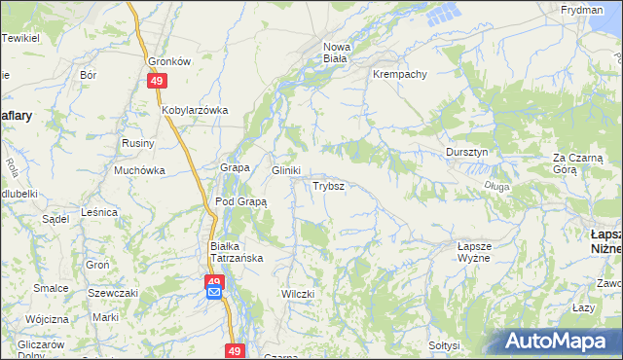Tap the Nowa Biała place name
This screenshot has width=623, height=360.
point(336,52)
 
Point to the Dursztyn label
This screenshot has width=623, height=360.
point(472,153)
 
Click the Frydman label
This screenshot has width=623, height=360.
point(581,9)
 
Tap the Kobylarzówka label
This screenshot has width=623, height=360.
point(195,110)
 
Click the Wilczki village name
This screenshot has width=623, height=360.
point(297,294)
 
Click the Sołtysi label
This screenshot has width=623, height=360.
point(444,345)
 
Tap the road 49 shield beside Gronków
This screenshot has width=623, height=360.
point(157,82)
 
